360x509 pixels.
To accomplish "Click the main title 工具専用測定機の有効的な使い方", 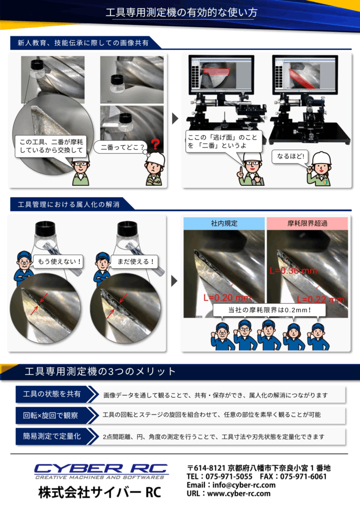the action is [x=181, y=12].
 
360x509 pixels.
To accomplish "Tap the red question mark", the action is [x=156, y=144].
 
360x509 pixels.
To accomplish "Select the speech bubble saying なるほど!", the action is [x=290, y=157].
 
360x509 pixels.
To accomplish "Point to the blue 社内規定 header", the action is [x=224, y=223].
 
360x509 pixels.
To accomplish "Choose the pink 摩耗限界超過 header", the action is [x=307, y=223].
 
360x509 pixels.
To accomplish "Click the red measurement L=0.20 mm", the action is [x=227, y=298].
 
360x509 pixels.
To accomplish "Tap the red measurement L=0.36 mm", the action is [x=293, y=270].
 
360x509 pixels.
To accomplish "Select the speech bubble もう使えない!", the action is [x=59, y=261].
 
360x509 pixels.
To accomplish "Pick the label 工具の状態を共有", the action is [x=52, y=394].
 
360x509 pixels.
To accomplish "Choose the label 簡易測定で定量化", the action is [x=52, y=436].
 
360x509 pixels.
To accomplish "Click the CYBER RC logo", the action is [x=101, y=471].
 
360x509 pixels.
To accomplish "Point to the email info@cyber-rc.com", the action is [x=244, y=485].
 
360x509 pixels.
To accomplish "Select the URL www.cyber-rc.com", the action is [x=239, y=494].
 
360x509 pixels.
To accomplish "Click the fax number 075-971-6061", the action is [x=303, y=477].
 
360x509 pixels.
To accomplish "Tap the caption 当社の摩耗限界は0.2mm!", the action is [x=270, y=310].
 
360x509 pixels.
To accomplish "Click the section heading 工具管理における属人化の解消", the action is [x=69, y=204].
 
